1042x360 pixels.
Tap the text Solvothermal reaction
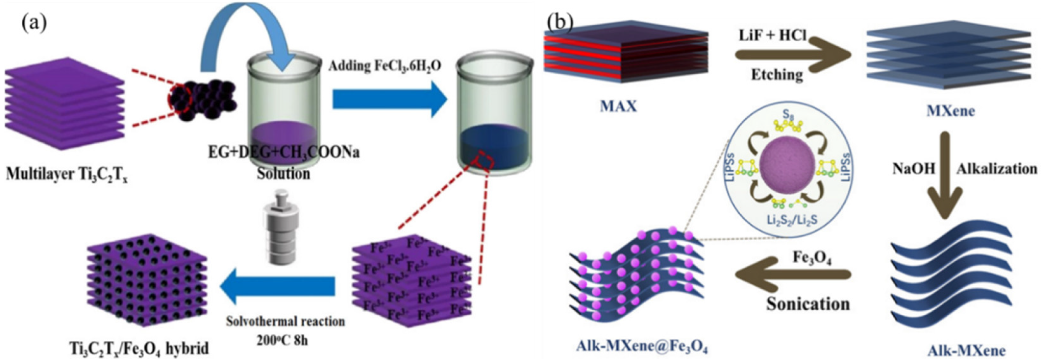point(285,321)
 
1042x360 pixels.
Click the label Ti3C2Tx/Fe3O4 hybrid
point(139,348)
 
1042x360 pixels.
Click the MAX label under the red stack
point(618,106)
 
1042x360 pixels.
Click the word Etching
point(777,74)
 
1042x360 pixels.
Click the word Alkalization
point(997,169)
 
